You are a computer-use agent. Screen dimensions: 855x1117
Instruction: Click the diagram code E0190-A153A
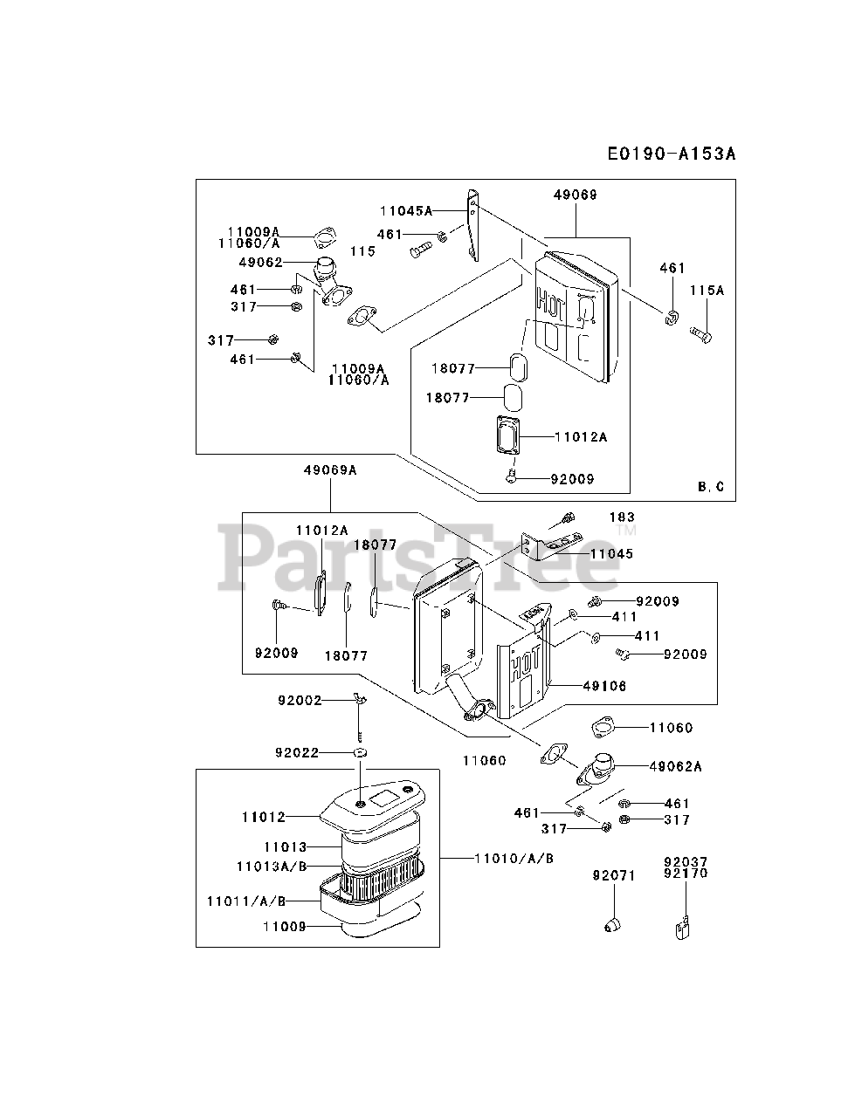[672, 154]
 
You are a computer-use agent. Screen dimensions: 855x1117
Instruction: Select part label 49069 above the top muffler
[576, 195]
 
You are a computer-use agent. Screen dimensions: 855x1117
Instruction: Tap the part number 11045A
[406, 210]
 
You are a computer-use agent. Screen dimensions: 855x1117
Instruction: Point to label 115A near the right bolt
[707, 291]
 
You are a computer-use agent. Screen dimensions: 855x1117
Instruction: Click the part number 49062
[261, 262]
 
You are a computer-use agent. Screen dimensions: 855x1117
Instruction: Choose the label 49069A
[330, 470]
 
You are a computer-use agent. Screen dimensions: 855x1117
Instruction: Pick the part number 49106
[604, 686]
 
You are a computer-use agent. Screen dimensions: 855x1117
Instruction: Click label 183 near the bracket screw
[623, 517]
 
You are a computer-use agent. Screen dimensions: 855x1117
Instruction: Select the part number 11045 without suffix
[611, 553]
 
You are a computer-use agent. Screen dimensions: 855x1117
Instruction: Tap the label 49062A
[675, 766]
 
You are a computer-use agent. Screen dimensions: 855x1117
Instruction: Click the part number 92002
[300, 701]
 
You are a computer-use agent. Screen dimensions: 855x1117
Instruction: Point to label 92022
[297, 752]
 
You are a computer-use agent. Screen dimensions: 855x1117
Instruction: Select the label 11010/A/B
[514, 859]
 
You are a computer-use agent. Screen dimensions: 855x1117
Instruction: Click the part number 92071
[614, 876]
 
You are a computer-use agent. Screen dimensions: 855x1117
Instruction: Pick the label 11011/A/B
[246, 901]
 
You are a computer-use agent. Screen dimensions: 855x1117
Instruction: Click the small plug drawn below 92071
[612, 926]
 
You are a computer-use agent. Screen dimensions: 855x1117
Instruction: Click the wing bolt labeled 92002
[361, 702]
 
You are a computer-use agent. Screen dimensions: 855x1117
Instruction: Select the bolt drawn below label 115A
[700, 334]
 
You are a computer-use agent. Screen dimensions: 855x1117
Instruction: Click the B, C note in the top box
[710, 487]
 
